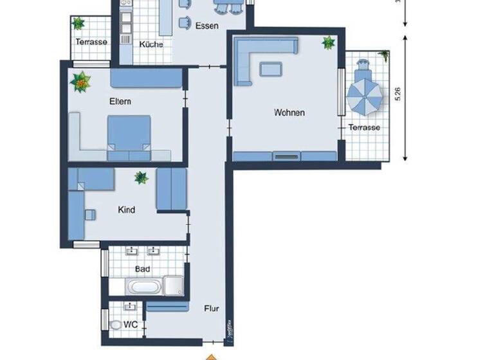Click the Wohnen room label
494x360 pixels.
[289, 113]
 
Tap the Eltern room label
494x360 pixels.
[120, 101]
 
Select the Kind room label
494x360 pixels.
[127, 210]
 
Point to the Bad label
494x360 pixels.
[142, 269]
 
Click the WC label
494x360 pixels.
[131, 325]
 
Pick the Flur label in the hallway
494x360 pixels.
[212, 309]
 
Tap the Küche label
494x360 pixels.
[151, 44]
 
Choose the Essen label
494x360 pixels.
[207, 26]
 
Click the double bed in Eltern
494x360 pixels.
[129, 137]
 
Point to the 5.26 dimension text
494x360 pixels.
[398, 94]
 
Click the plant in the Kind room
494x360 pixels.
[141, 177]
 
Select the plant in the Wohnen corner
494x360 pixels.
[328, 44]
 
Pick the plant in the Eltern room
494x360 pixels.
[82, 82]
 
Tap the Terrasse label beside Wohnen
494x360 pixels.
[364, 127]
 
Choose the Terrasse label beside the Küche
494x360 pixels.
[91, 42]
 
